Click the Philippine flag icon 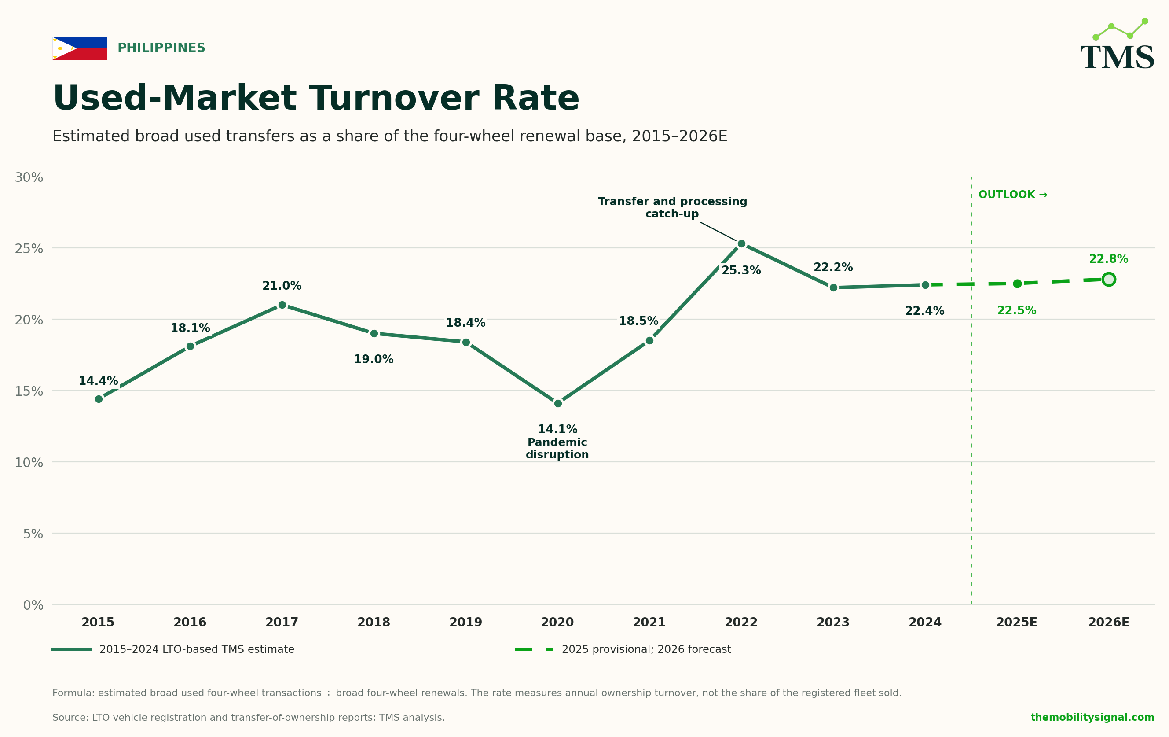click(80, 48)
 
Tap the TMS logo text click(1118, 58)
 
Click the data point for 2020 click(558, 403)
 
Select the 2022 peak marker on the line click(741, 244)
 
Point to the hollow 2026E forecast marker click(1109, 280)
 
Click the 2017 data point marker click(282, 305)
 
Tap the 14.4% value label click(98, 381)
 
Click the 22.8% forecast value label click(1109, 259)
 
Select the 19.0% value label click(374, 360)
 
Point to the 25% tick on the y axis click(29, 249)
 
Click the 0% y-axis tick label click(33, 605)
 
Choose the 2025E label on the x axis click(1017, 623)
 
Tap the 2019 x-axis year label click(465, 623)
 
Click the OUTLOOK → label click(1013, 195)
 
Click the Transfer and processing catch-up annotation click(672, 207)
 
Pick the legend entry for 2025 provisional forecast click(623, 649)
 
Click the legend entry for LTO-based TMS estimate click(173, 649)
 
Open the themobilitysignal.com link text click(1092, 718)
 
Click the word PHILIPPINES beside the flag click(161, 48)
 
